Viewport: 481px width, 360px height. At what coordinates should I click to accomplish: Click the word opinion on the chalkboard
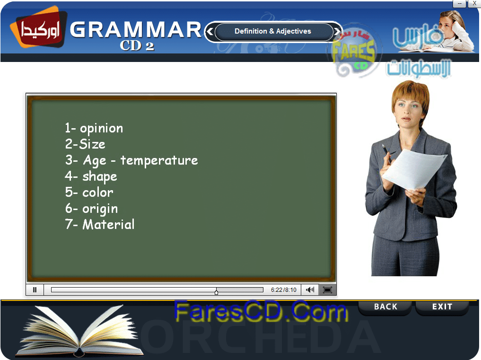pyautogui.click(x=101, y=129)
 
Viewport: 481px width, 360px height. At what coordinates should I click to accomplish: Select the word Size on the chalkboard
pyautogui.click(x=92, y=144)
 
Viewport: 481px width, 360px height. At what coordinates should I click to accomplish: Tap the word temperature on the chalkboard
pyautogui.click(x=159, y=160)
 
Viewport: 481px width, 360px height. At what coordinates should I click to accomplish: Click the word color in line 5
pyautogui.click(x=97, y=193)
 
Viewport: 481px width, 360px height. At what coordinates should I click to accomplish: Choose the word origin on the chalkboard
pyautogui.click(x=100, y=209)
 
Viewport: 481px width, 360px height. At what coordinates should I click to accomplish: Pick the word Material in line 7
pyautogui.click(x=108, y=224)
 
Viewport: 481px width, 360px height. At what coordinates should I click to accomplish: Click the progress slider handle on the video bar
pyautogui.click(x=216, y=291)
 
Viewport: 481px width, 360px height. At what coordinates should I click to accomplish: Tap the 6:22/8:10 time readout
pyautogui.click(x=283, y=290)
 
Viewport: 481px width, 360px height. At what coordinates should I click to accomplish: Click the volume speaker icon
pyautogui.click(x=310, y=290)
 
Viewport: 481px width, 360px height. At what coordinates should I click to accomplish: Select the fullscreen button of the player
pyautogui.click(x=327, y=290)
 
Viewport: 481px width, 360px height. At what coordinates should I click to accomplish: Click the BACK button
pyautogui.click(x=385, y=307)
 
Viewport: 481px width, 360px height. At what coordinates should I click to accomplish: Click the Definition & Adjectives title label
pyautogui.click(x=273, y=31)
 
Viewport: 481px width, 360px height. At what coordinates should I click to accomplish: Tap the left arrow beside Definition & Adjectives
pyautogui.click(x=210, y=31)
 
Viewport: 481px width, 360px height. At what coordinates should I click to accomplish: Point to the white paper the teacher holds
pyautogui.click(x=414, y=169)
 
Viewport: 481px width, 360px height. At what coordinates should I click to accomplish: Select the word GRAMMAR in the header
pyautogui.click(x=136, y=30)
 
